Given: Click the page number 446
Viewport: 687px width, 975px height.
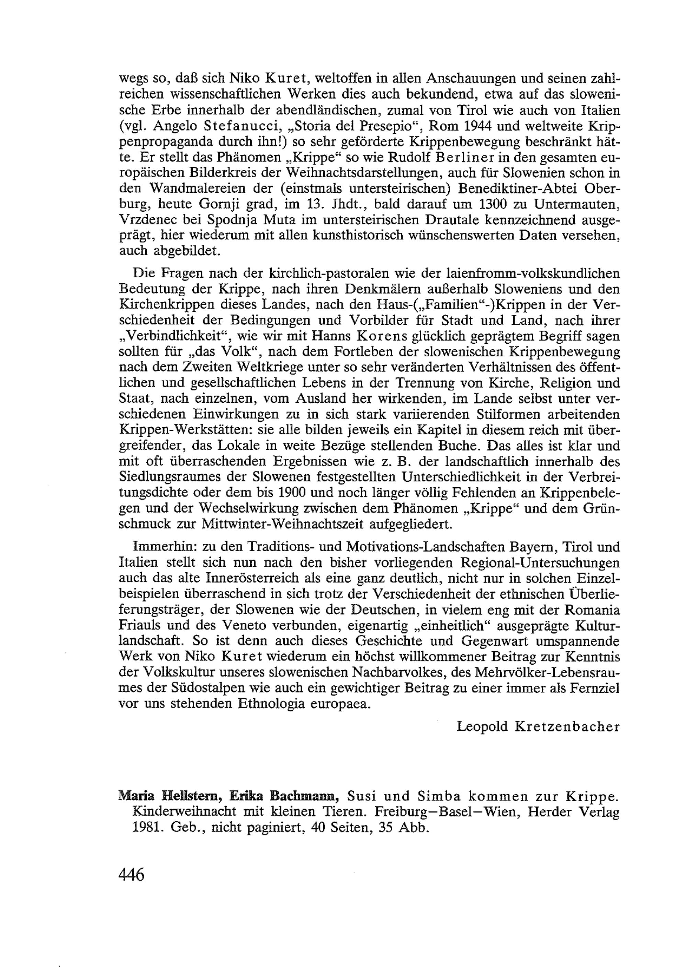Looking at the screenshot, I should coord(132,874).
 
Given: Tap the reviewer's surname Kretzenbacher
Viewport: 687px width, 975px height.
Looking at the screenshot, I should coord(567,727).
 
